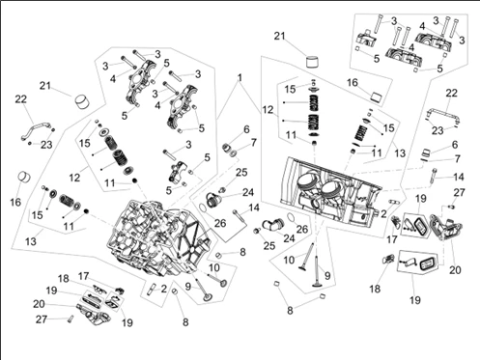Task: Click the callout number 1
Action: pyautogui.click(x=240, y=78)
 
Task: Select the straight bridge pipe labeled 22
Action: pyautogui.click(x=443, y=115)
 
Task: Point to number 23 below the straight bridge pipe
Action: pyautogui.click(x=438, y=130)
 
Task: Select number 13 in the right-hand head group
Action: pyautogui.click(x=400, y=152)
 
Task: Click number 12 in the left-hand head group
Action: pyautogui.click(x=74, y=177)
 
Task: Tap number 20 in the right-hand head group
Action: pyautogui.click(x=455, y=270)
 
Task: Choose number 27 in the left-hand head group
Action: pyautogui.click(x=42, y=319)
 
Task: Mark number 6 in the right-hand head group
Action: pyautogui.click(x=454, y=145)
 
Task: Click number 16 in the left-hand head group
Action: pyautogui.click(x=15, y=202)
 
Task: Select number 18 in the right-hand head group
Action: pyautogui.click(x=375, y=289)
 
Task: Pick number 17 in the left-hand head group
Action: pyautogui.click(x=83, y=276)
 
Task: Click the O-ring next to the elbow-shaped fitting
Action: pyautogui.click(x=290, y=218)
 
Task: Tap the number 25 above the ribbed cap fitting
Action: pyautogui.click(x=241, y=172)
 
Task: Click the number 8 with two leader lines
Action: pyautogui.click(x=290, y=311)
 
